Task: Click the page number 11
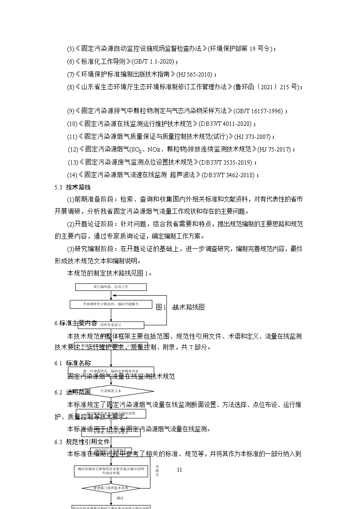click(x=180, y=470)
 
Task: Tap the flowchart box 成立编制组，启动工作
click(x=111, y=287)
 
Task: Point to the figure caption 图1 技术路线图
click(x=180, y=307)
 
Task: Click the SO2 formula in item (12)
click(x=136, y=150)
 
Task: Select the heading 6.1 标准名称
click(x=73, y=363)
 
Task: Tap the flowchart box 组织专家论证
click(x=111, y=325)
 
